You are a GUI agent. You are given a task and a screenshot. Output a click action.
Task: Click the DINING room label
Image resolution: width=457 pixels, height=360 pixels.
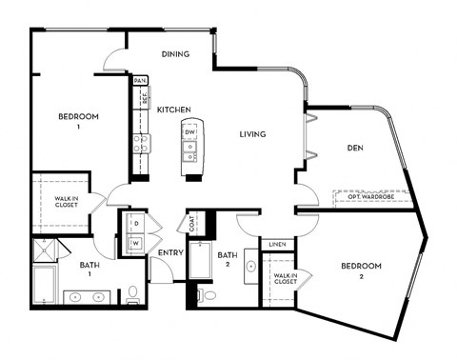pos(175,54)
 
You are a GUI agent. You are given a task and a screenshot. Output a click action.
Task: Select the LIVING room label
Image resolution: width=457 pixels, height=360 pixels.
pos(251,134)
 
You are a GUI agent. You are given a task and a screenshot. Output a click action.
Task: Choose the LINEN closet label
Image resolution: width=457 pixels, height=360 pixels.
pos(276,244)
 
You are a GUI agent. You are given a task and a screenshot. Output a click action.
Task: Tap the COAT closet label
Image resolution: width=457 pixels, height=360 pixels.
pos(192,226)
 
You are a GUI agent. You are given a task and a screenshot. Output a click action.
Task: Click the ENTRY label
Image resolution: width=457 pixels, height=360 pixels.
pos(170,252)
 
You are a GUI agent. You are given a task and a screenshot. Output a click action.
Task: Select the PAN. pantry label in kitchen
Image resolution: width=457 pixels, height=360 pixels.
pos(140,81)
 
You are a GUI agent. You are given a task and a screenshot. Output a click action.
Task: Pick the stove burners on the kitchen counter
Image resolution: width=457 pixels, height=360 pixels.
pos(142,144)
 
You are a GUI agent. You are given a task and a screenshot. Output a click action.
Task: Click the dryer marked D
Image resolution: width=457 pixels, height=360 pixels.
pos(133,224)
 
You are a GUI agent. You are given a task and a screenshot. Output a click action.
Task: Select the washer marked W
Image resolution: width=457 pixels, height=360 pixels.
pos(133,243)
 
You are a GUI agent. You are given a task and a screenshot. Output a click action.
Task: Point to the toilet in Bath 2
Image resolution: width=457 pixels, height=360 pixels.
pos(209,296)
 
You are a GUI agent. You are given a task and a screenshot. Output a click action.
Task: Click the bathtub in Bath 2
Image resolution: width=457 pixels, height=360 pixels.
pos(202,261)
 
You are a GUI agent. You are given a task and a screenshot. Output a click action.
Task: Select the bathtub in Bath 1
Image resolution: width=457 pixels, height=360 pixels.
pos(45,284)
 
